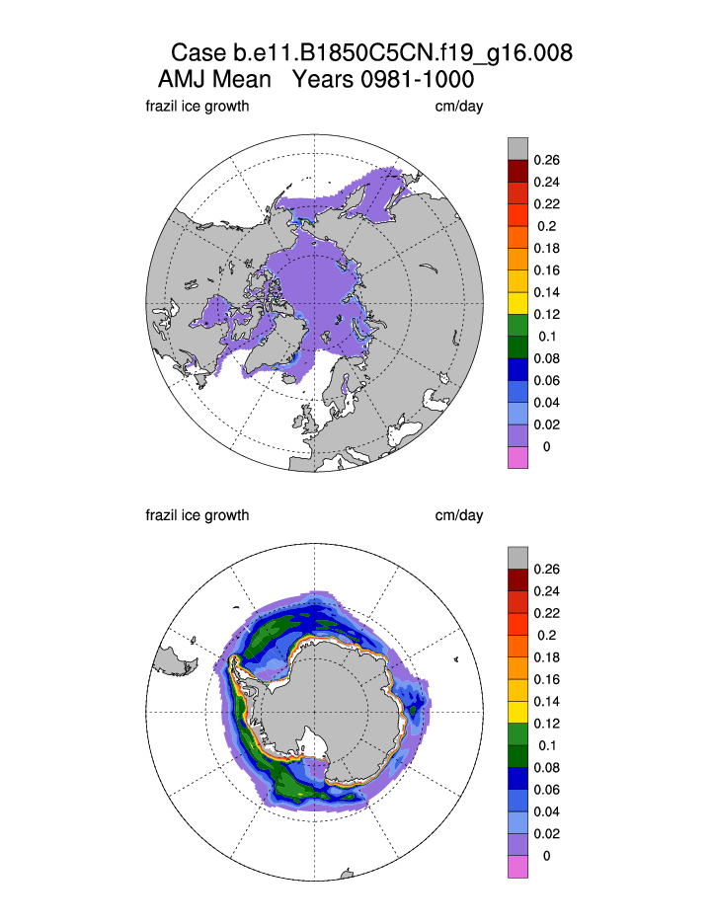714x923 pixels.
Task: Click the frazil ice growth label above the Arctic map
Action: pos(197,107)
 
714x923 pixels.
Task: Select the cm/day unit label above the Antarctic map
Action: pos(459,515)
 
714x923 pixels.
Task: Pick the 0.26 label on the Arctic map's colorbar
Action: pos(546,159)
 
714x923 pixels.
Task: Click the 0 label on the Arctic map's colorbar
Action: pos(546,447)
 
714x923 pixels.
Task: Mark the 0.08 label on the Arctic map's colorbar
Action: pos(546,358)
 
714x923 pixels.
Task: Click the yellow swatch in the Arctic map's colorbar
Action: pos(517,292)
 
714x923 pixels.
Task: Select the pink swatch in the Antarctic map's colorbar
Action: pos(517,867)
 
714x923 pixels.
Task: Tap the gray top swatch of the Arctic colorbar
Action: pos(517,148)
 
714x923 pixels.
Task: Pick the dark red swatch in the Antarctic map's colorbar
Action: pos(517,580)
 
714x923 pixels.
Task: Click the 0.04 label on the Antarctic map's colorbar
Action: pos(546,812)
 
